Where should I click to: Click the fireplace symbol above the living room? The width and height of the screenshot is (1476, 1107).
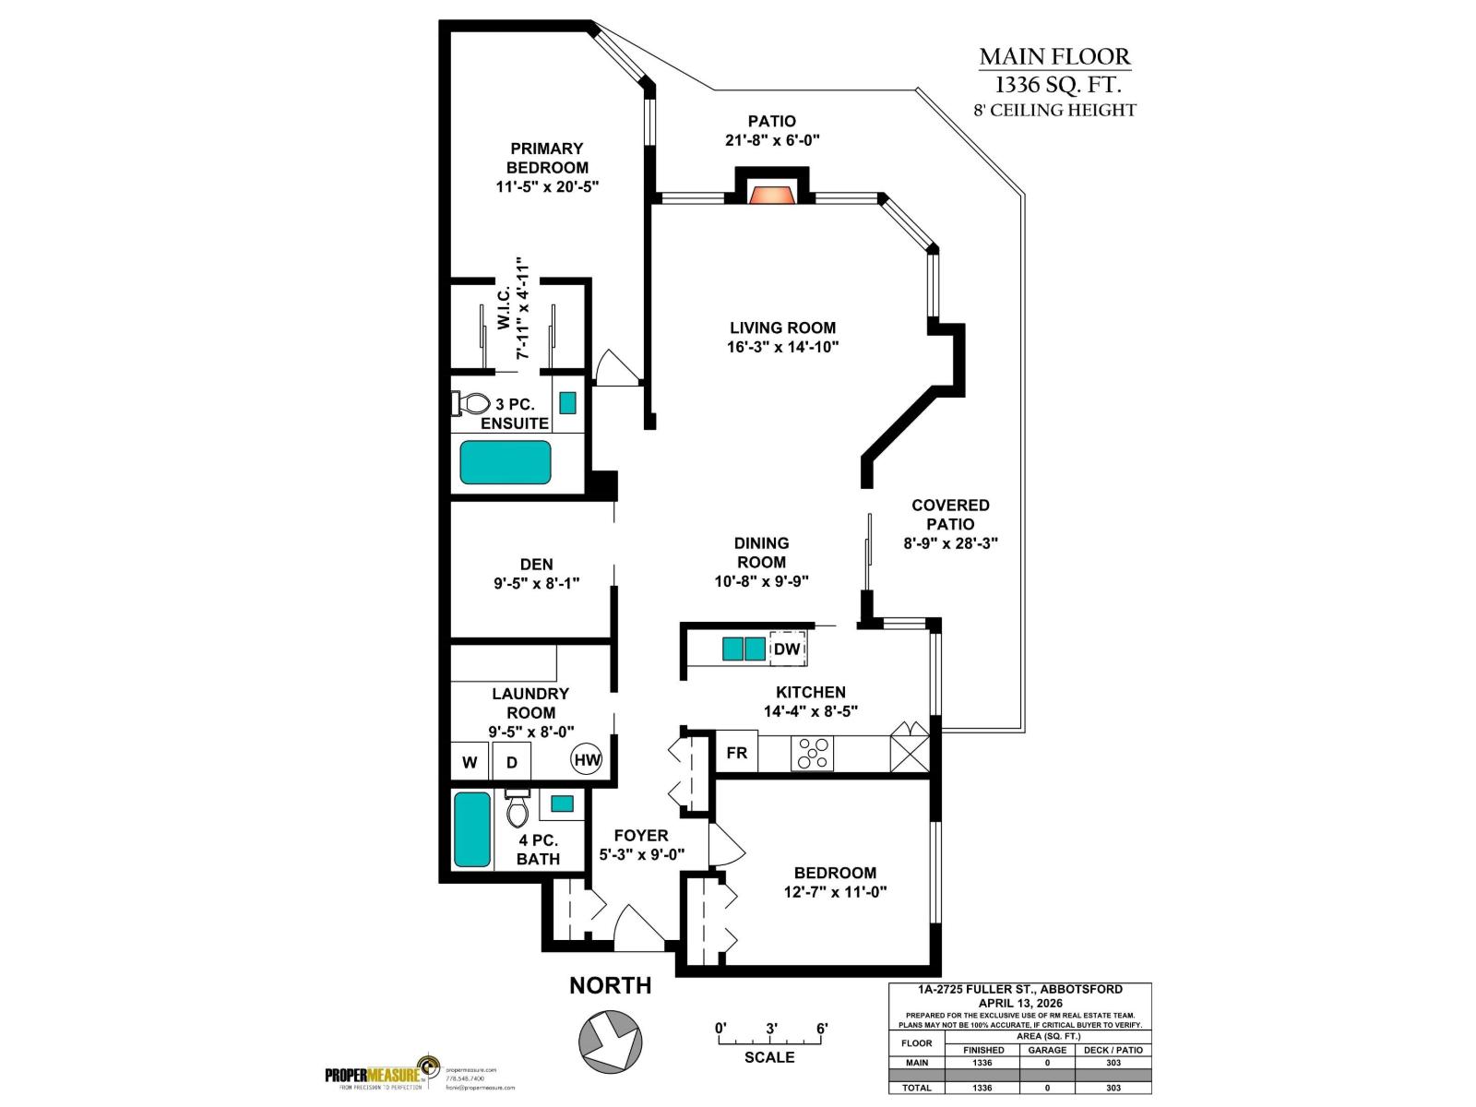pos(771,195)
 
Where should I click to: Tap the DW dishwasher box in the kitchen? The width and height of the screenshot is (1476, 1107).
pos(787,649)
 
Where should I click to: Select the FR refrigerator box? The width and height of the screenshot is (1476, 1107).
pos(737,753)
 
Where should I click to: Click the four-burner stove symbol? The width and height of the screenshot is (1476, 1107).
pos(812,753)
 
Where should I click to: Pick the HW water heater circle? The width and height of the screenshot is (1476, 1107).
pos(587,760)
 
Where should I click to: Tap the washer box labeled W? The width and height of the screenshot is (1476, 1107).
pos(470,762)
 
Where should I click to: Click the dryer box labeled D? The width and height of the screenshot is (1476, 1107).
pos(512,762)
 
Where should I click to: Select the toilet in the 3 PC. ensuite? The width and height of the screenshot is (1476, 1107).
pos(471,403)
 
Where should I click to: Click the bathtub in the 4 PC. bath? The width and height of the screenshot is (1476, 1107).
pos(472,828)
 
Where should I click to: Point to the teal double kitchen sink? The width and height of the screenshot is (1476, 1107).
pos(744,649)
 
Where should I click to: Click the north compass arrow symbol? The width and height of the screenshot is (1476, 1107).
pos(610,1040)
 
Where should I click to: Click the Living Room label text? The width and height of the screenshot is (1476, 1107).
pos(782,327)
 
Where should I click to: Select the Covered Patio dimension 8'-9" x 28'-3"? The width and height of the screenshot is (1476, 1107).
pos(950,543)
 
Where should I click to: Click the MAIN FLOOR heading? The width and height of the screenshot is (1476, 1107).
pos(1054,57)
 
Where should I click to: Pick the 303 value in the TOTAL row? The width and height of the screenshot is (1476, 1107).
pos(1113,1088)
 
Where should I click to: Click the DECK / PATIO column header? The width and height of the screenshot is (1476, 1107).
pos(1113,1050)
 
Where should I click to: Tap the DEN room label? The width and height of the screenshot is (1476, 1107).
pos(536,564)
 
